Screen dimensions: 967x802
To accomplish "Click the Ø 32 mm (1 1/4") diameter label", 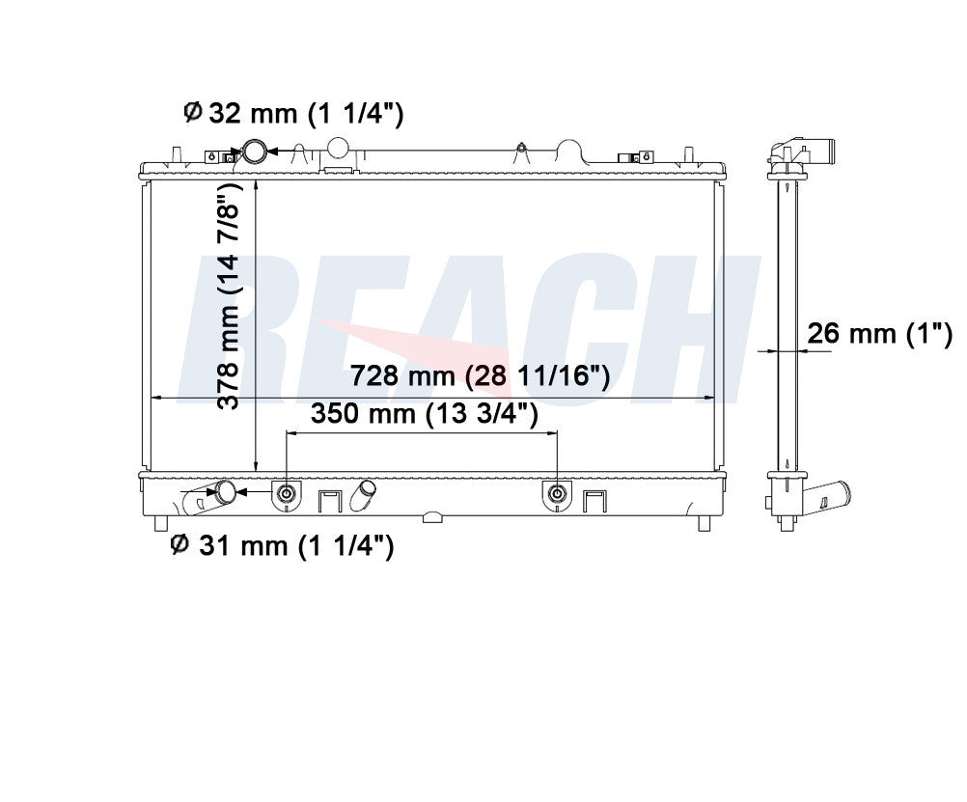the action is [293, 114].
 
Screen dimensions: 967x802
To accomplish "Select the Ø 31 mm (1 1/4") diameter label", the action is [282, 545].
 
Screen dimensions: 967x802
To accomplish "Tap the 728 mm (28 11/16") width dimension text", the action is [480, 375].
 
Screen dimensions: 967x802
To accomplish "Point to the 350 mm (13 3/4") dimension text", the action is [425, 413].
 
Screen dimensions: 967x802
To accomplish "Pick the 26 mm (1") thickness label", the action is [880, 334].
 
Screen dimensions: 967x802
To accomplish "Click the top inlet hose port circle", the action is [254, 152].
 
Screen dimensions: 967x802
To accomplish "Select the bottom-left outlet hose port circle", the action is [225, 491].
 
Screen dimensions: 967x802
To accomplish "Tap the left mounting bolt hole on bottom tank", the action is [287, 493].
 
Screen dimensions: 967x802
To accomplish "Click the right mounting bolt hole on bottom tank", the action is [557, 493].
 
